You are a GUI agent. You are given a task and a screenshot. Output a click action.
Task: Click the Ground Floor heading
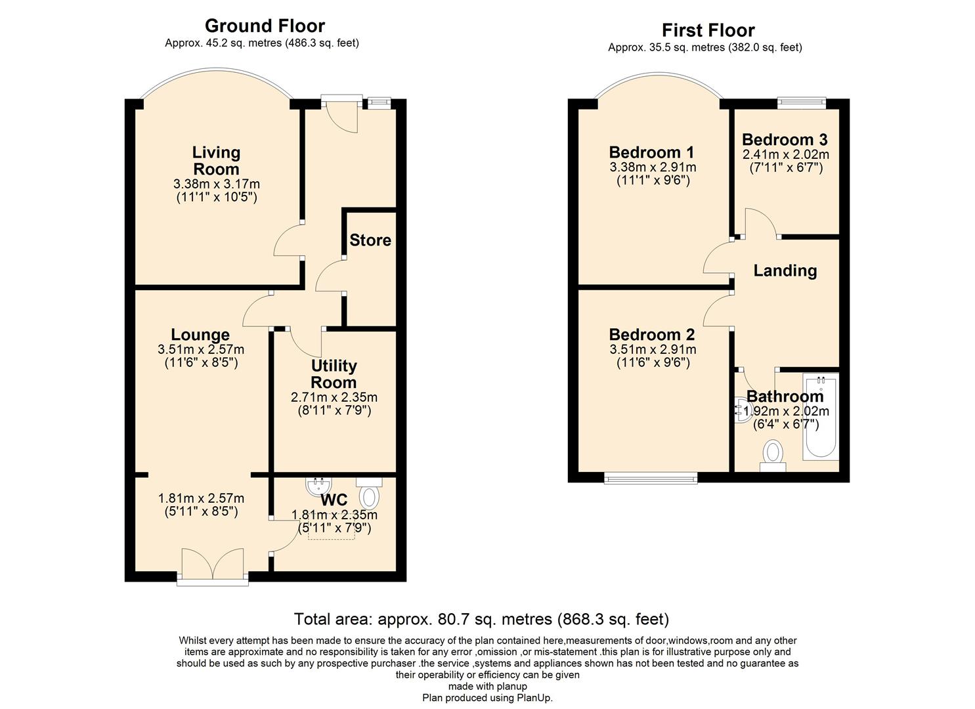point(265,26)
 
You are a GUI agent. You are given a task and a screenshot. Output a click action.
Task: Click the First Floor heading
point(708,30)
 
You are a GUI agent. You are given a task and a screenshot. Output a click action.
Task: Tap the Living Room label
point(216,161)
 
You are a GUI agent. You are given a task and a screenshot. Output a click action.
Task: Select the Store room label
point(370,240)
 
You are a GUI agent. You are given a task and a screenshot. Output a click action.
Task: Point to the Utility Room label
point(334,374)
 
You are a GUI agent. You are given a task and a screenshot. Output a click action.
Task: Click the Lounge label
point(200,335)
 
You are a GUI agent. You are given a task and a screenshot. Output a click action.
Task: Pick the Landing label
point(785,270)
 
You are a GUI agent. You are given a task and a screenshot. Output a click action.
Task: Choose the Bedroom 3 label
point(785,140)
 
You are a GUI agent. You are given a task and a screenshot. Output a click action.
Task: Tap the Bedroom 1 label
point(651,152)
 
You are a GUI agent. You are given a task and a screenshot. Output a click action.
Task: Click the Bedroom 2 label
point(651,335)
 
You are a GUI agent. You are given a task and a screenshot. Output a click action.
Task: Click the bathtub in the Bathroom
point(820,417)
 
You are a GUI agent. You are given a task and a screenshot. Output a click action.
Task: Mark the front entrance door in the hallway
point(342,115)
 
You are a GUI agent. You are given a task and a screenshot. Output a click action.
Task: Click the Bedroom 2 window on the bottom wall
point(651,477)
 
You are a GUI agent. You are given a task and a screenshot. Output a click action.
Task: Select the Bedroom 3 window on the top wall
point(801,102)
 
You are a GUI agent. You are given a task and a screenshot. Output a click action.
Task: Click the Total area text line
point(481,619)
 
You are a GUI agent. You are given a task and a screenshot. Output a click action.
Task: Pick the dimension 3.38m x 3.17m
point(216,184)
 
